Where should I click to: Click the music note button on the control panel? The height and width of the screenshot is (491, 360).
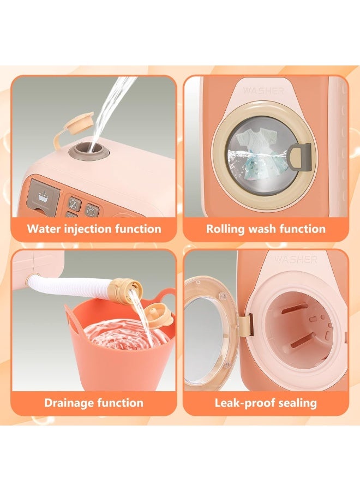[74, 204]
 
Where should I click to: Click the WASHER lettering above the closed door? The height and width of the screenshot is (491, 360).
[263, 91]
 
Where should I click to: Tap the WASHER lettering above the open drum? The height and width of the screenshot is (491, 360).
[296, 260]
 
